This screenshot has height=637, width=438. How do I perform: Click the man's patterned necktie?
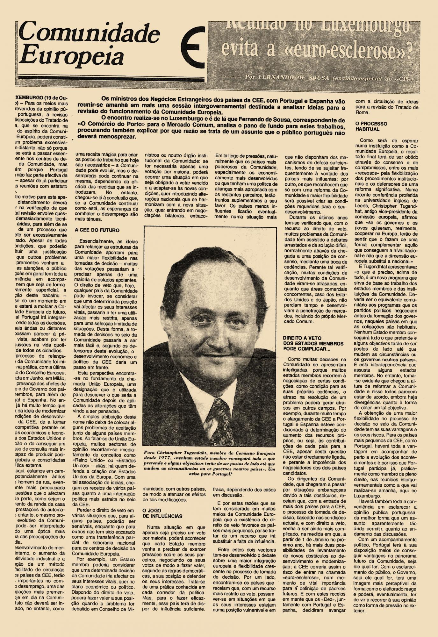tap(220, 414)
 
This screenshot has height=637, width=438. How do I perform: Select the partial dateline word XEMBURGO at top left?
tap(29, 97)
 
